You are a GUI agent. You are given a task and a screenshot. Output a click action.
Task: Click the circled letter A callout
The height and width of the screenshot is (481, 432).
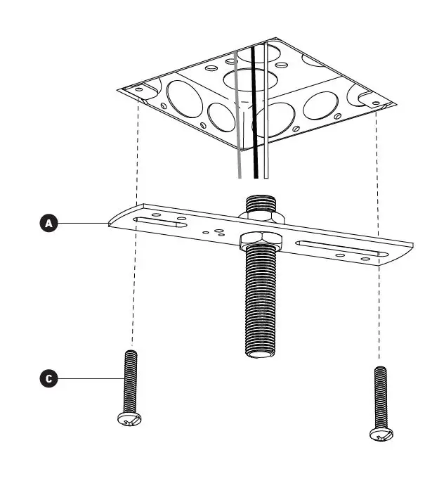coord(48,224)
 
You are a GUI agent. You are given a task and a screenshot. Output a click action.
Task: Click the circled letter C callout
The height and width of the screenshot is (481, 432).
coord(48,379)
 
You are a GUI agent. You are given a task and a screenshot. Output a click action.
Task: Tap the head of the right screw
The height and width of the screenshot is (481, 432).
coord(381,434)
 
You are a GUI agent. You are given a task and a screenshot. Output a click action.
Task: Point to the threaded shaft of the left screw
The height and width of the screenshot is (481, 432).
coord(130,380)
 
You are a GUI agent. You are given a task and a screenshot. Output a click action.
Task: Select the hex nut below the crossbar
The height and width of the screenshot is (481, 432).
coord(261,241)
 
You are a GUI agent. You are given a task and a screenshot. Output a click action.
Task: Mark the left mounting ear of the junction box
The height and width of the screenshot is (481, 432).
coord(136,91)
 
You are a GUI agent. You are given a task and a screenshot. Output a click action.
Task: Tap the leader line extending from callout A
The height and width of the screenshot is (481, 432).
coord(81,224)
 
